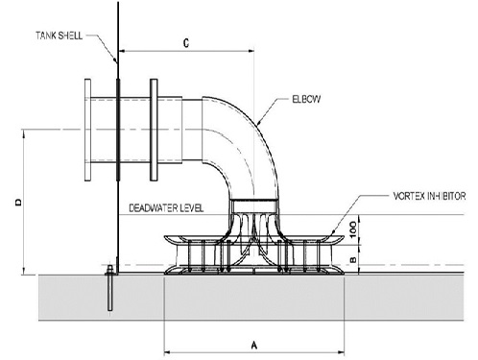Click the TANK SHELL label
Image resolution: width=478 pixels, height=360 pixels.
click(x=59, y=36)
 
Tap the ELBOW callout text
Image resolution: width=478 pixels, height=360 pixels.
click(x=306, y=99)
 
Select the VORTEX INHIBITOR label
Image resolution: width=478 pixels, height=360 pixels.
click(x=429, y=196)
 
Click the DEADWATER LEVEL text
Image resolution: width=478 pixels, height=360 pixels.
click(x=166, y=208)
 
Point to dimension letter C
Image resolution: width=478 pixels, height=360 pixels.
click(x=186, y=43)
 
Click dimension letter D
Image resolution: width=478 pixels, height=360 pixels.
click(x=19, y=203)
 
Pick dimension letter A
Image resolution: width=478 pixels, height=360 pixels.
click(x=254, y=346)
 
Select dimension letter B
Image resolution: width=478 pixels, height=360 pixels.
click(x=353, y=259)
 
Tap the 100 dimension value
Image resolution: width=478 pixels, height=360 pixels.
click(x=353, y=229)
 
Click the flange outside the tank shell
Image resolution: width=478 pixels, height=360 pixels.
click(x=87, y=130)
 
